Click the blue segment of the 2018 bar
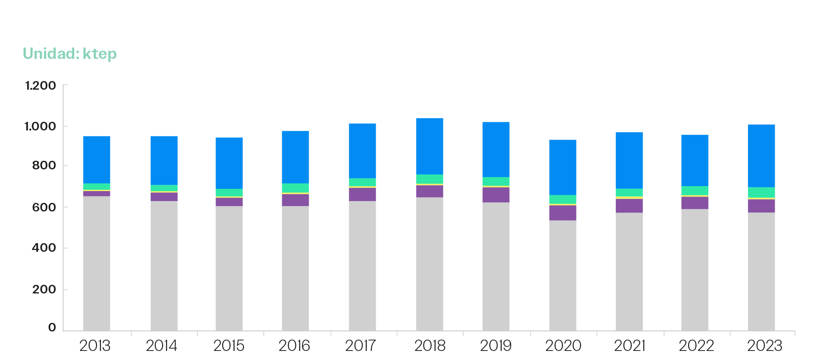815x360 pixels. click(x=429, y=146)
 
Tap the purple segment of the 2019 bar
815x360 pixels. click(x=496, y=195)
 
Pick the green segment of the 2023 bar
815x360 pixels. click(x=761, y=192)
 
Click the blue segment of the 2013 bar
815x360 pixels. click(x=96, y=159)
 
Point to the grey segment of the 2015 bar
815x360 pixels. click(x=229, y=268)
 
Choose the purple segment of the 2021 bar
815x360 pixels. click(x=629, y=206)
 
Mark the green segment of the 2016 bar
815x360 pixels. click(x=295, y=188)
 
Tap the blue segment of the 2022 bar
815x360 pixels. click(x=695, y=160)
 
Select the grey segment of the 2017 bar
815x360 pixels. click(x=362, y=265)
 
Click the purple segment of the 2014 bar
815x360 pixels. click(x=164, y=197)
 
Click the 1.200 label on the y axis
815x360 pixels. click(x=40, y=86)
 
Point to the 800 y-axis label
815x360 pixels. click(x=44, y=166)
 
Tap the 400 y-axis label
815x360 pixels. click(x=44, y=248)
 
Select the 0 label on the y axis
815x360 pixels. click(x=52, y=327)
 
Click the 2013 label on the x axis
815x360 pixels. click(x=95, y=346)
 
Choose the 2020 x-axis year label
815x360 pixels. click(x=563, y=346)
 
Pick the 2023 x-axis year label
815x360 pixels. click(x=764, y=346)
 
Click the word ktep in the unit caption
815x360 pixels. click(x=100, y=54)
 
